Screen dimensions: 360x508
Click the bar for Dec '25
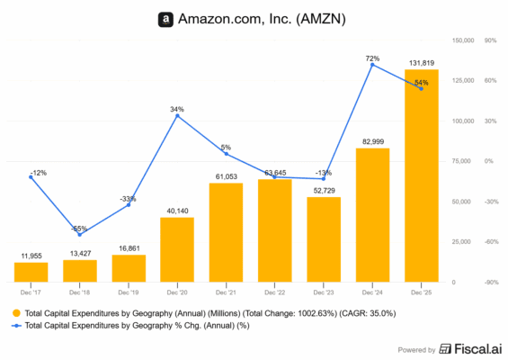point(421,175)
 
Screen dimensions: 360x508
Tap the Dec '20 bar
point(177,249)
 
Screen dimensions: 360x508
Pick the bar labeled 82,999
point(372,215)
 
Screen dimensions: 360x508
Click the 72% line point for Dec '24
point(372,65)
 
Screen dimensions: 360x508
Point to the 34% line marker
point(177,115)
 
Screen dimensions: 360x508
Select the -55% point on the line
point(80,234)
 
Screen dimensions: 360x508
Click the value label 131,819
point(422,62)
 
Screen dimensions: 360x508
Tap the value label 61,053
point(226,176)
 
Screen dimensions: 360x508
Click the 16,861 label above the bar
point(129,247)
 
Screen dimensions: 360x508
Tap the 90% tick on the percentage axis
point(491,40)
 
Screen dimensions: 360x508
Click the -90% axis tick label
point(491,283)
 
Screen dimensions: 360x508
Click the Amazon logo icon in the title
point(165,18)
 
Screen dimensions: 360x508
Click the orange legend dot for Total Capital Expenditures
point(16,311)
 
